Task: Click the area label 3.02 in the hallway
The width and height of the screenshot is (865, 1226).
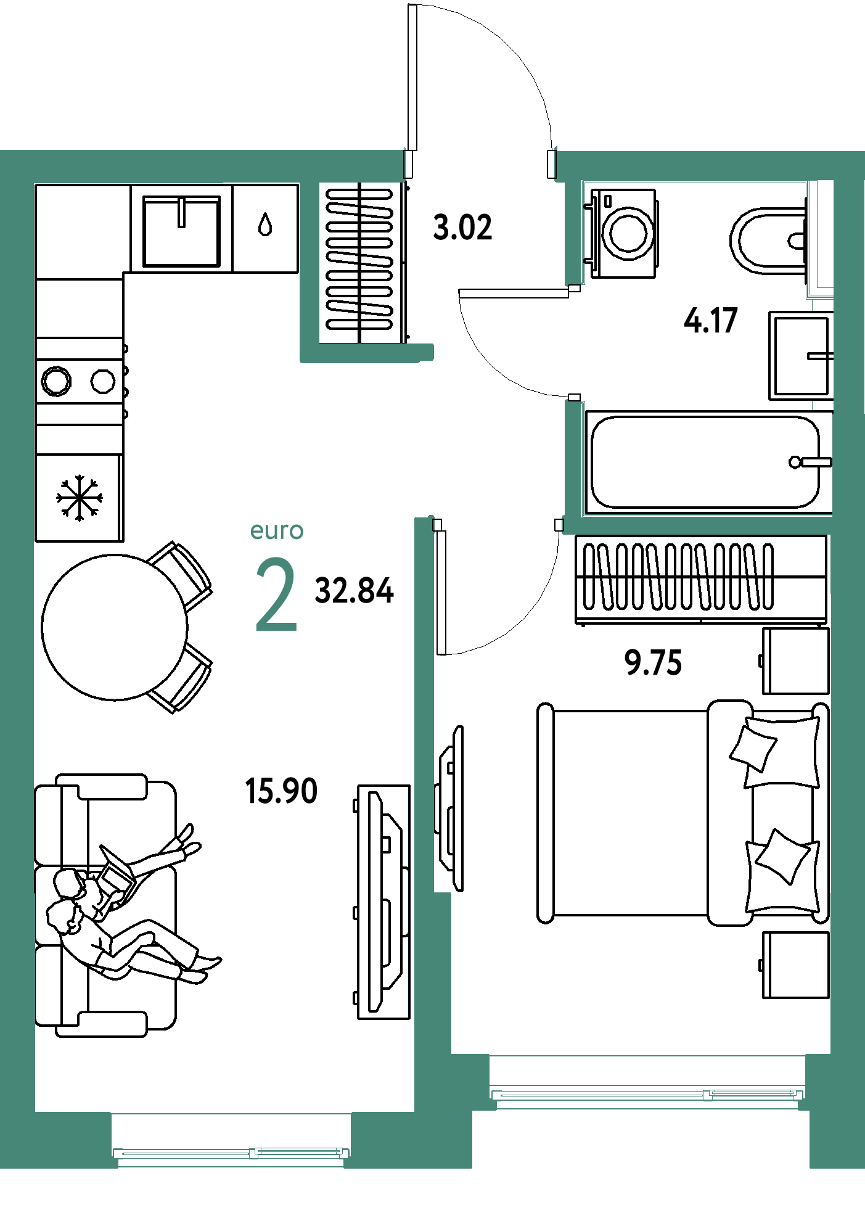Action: coord(462,227)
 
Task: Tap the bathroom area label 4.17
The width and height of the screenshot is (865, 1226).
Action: coord(710,321)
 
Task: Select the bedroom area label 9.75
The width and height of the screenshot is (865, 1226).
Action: coord(653,663)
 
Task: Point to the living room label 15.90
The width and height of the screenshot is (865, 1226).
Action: coord(281,791)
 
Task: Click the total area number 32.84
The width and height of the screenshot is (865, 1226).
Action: coord(354,590)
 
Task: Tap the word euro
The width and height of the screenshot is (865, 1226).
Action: coord(277,531)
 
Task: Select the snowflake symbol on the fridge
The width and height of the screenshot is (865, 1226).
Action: coord(80,498)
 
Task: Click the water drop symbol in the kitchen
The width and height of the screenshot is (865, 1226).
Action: coord(265,224)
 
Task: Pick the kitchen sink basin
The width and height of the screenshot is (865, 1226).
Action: coord(182,231)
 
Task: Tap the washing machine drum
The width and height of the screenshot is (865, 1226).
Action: coord(628,233)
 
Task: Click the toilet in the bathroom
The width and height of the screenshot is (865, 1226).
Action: coord(768,240)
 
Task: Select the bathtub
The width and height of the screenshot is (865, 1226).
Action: coord(709,462)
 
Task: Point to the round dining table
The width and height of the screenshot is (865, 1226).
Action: coord(115,627)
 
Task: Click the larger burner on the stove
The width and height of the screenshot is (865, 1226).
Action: coord(56,381)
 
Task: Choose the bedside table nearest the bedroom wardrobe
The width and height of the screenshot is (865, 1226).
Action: coord(795,661)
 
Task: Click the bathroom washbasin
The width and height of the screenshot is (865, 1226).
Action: coord(801,355)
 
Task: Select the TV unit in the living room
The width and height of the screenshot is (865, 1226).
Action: coord(383,902)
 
